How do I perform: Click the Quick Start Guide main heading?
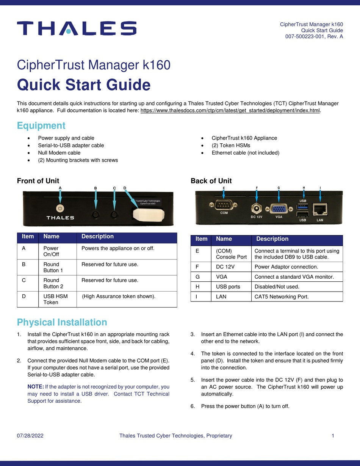click(x=84, y=85)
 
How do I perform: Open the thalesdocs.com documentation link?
click(x=230, y=111)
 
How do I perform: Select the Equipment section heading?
click(x=41, y=126)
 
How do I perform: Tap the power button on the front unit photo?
click(x=60, y=208)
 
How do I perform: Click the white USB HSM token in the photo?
click(x=148, y=214)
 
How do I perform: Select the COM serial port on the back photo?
click(x=224, y=206)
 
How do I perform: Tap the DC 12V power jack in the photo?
click(x=257, y=209)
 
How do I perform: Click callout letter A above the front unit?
click(x=60, y=187)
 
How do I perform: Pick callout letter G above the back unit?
click(x=279, y=187)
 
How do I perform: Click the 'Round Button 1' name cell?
click(x=51, y=267)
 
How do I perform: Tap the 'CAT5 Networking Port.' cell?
click(x=282, y=297)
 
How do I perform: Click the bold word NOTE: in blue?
click(x=36, y=387)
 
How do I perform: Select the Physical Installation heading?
click(x=62, y=322)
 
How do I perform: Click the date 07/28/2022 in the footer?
click(x=30, y=436)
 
